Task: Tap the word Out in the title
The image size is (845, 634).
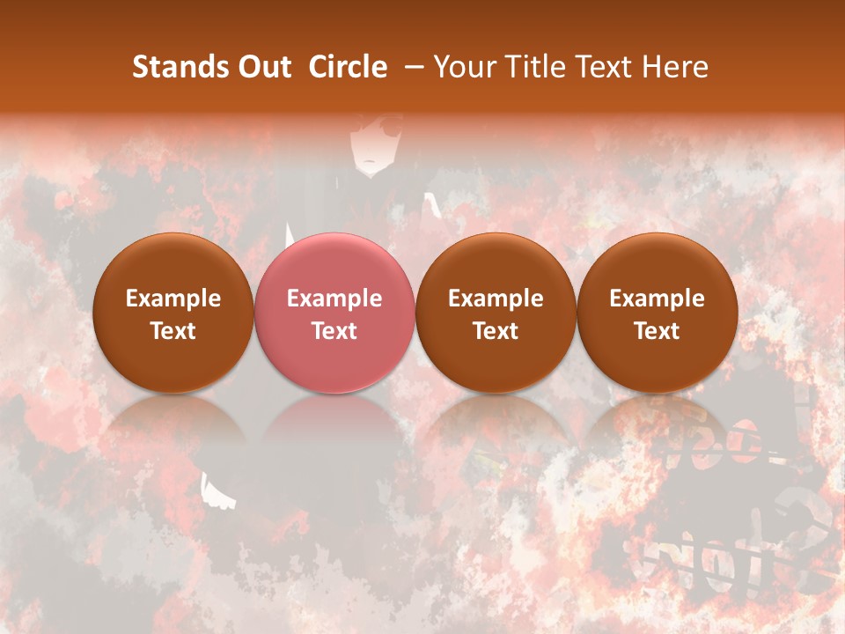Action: point(263,67)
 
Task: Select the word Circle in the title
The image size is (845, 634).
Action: point(348,67)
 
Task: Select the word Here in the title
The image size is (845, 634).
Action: point(676,67)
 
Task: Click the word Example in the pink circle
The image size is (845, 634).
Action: point(334,299)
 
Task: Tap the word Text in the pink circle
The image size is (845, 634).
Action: point(334,331)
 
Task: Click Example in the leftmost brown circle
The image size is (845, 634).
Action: point(173,299)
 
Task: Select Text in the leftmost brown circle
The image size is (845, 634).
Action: point(173,331)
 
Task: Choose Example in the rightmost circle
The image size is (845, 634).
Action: point(658,299)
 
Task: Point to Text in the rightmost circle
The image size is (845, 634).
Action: point(658,331)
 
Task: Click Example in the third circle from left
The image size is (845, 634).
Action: point(496,299)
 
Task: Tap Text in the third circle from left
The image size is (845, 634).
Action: point(496,331)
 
